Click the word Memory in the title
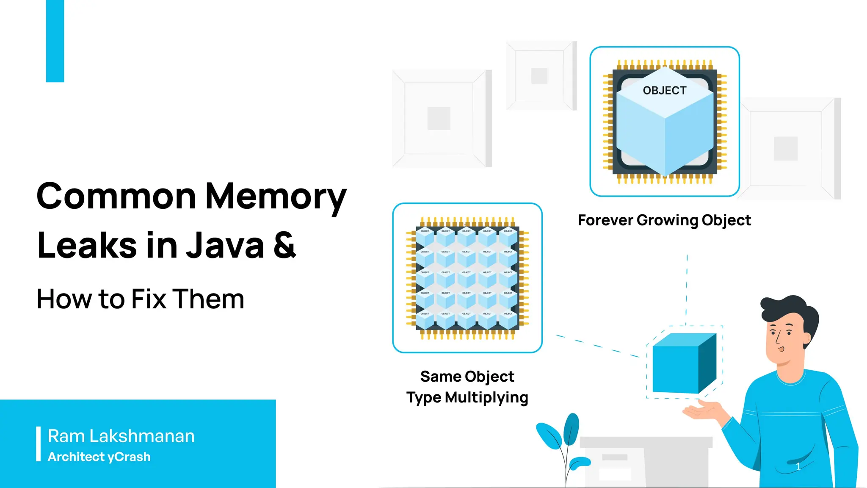[x=276, y=197]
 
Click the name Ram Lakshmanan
[x=121, y=436]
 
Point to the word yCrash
[x=129, y=457]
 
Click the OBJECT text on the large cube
[x=664, y=91]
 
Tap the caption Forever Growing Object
[x=664, y=220]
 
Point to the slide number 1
[x=798, y=466]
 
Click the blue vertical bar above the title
[x=55, y=41]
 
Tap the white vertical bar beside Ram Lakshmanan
[x=39, y=444]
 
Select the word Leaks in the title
[x=87, y=246]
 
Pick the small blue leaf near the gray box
[x=580, y=463]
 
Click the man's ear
[x=807, y=339]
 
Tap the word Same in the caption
[x=440, y=376]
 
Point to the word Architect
[x=76, y=457]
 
